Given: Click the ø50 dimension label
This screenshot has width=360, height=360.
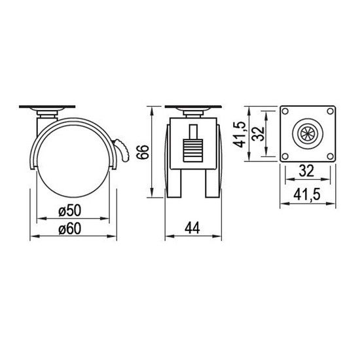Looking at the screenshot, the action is [x=70, y=210].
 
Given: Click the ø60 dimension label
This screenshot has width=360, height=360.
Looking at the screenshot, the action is [x=70, y=228].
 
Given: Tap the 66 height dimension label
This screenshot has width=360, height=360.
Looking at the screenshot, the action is [x=143, y=152].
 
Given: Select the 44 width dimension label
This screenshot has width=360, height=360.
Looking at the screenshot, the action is [x=192, y=228].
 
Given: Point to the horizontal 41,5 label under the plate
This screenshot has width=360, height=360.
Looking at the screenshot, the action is [x=307, y=195].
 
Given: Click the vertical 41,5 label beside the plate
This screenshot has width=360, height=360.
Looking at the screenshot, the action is [x=239, y=134].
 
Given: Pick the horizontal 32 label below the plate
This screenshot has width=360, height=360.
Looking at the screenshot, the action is [x=306, y=171].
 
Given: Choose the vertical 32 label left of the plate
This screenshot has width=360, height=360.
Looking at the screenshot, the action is [x=258, y=134].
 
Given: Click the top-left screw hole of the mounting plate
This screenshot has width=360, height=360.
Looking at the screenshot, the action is [x=285, y=111].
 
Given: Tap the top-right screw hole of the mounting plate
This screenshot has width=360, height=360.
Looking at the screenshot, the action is [x=330, y=111].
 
